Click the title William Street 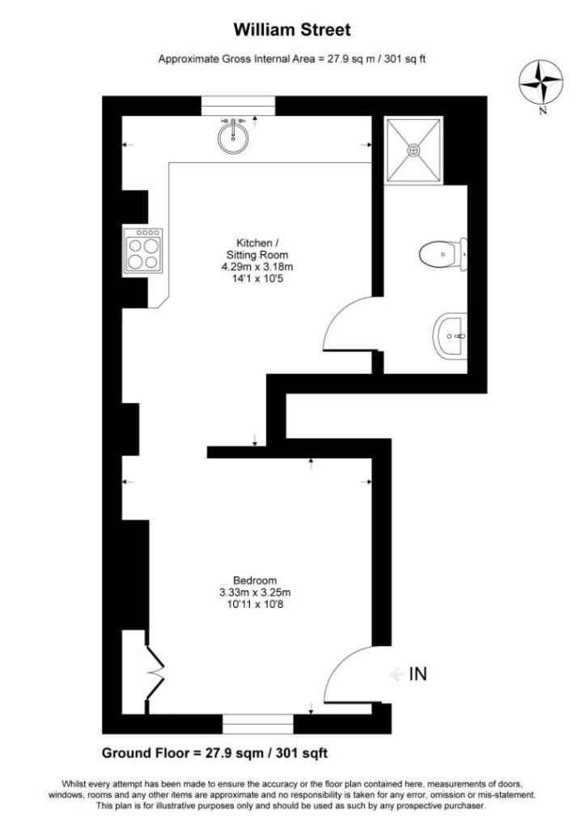tap(292, 31)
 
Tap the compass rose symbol tap(542, 82)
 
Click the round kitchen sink tap(233, 138)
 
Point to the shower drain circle tap(413, 150)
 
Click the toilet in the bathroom tap(442, 255)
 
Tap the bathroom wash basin tap(451, 336)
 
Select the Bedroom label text tap(256, 580)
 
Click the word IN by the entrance tap(418, 674)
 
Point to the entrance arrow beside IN tap(396, 674)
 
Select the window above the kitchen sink tap(238, 105)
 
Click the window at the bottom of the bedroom tap(257, 723)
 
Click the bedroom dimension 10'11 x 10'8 tap(256, 605)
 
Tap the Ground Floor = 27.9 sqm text tap(214, 753)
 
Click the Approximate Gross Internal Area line tap(292, 59)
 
